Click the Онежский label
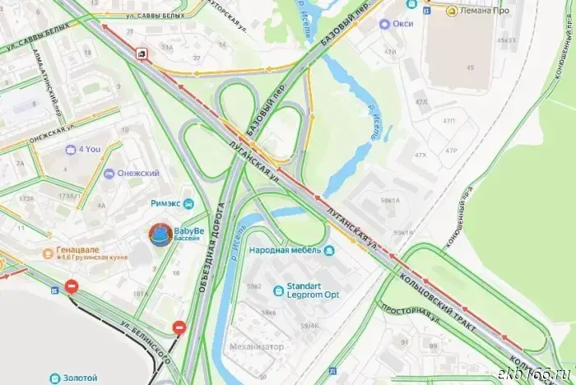tap(137, 173)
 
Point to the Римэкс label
tap(165, 203)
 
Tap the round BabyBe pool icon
tap(157, 235)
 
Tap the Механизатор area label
tap(257, 347)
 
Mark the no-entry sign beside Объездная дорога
tap(179, 328)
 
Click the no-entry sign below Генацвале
tap(72, 287)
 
